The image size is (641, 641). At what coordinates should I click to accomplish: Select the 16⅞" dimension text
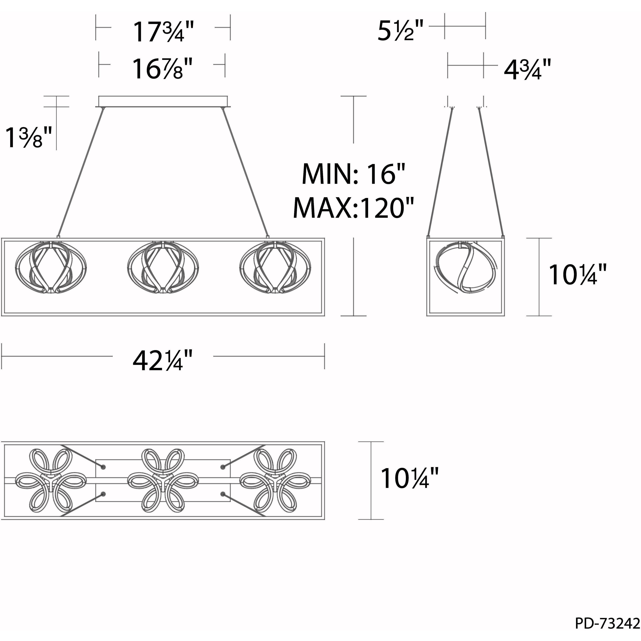tap(162, 69)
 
